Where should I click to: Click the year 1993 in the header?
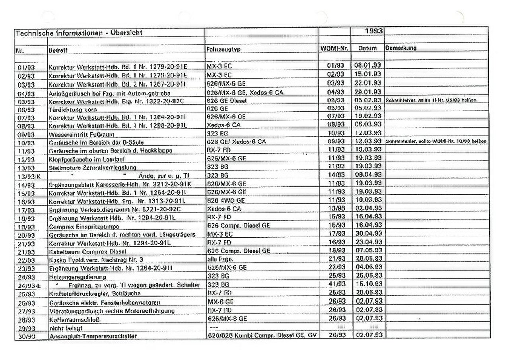coord(374,31)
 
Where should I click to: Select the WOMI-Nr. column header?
coord(334,48)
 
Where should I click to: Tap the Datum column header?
coord(367,48)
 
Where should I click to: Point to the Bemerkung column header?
coord(400,48)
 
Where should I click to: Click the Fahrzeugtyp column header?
coord(224,49)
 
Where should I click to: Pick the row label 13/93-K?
coord(29,176)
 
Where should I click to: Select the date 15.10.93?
coord(367,285)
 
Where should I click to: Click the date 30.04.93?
coord(367,234)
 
